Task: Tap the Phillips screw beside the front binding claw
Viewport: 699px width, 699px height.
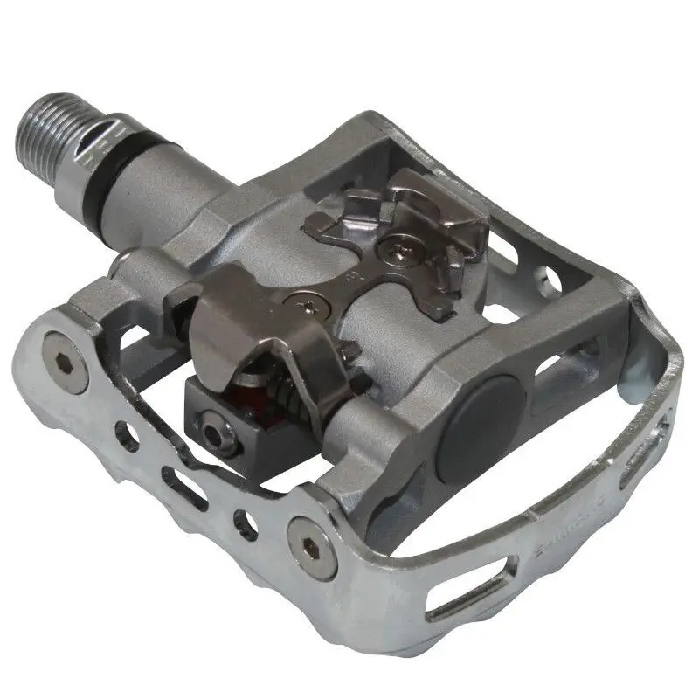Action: [308, 304]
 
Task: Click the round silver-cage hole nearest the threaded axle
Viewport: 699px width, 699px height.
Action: [128, 442]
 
